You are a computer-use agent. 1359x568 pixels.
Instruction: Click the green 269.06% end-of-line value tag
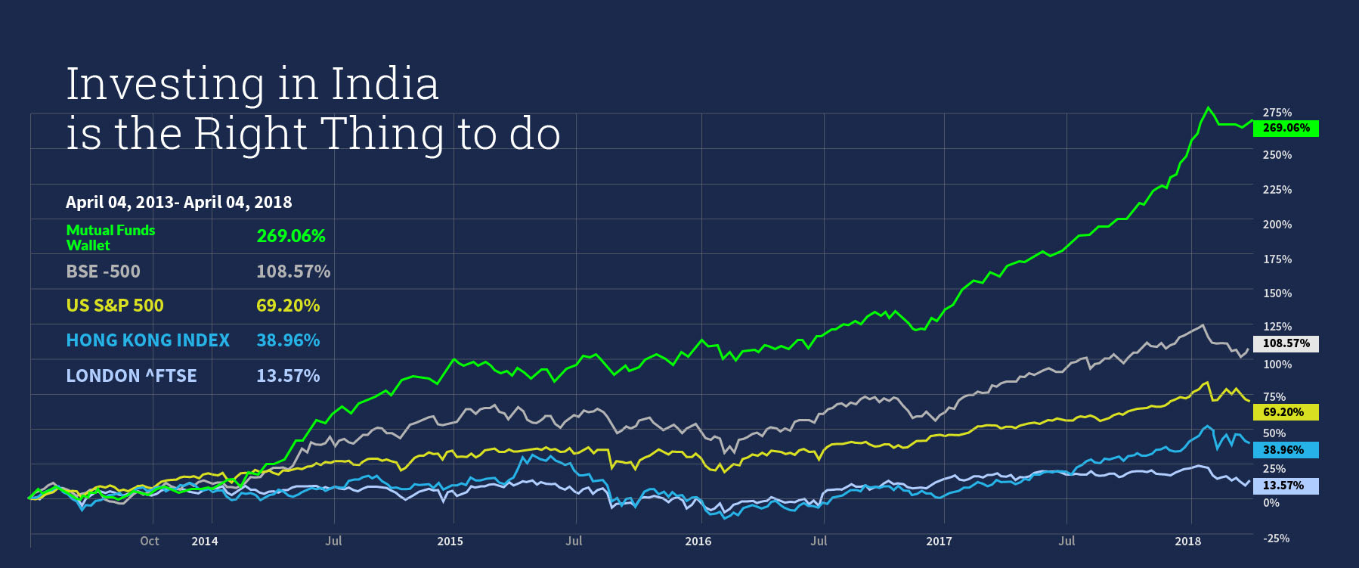1286,128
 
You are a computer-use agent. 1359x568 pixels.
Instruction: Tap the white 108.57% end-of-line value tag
1286,343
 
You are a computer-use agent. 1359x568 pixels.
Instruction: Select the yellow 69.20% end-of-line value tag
1286,412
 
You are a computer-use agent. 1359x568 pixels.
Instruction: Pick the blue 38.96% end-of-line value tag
1286,450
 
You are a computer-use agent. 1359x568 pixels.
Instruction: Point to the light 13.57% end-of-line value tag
1286,486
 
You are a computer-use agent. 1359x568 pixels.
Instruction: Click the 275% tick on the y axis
1277,113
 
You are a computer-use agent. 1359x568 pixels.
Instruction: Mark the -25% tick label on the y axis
1277,539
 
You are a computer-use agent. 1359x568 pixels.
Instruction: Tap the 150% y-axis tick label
1277,293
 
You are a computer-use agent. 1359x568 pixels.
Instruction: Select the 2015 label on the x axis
450,541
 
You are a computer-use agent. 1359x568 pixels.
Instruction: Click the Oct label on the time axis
150,541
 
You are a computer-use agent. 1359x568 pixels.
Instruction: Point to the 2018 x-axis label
1187,541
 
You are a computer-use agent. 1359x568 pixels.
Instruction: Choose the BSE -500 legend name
103,272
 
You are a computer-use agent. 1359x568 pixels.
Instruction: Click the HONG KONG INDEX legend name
147,340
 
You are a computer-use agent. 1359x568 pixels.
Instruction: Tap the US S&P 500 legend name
115,306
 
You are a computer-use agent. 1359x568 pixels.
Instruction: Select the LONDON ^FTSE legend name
131,376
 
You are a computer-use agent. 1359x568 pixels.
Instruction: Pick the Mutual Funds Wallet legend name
110,237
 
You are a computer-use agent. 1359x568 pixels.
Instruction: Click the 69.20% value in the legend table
288,306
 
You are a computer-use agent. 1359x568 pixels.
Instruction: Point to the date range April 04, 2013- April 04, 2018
178,202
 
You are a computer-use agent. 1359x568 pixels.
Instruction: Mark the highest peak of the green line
1208,107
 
